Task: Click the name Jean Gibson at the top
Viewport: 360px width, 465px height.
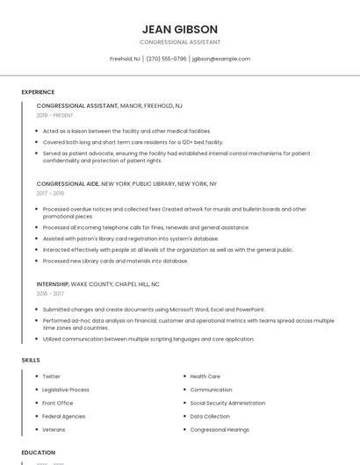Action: [x=179, y=29]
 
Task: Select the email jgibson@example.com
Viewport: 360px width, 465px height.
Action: [x=221, y=59]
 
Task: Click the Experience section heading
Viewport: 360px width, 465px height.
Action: [x=38, y=92]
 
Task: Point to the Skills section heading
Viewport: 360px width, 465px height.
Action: [x=31, y=361]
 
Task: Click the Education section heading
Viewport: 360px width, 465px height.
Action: [x=39, y=453]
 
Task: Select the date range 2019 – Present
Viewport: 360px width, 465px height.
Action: [x=55, y=115]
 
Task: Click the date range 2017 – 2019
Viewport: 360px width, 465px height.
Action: [x=50, y=193]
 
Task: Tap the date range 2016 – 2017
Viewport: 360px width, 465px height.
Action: [x=50, y=293]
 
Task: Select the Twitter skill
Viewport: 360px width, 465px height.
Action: [x=52, y=376]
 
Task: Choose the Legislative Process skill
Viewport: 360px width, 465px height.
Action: [x=66, y=390]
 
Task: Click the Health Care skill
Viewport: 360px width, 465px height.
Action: [x=205, y=376]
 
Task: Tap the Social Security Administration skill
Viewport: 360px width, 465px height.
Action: [x=227, y=403]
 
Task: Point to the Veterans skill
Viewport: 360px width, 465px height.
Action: [x=54, y=430]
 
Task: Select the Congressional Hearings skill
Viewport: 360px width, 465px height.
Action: [x=220, y=430]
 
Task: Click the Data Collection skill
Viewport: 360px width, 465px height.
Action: [x=210, y=417]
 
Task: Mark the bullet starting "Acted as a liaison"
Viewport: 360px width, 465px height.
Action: [x=126, y=131]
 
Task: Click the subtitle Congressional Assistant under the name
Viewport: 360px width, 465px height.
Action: [x=179, y=42]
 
